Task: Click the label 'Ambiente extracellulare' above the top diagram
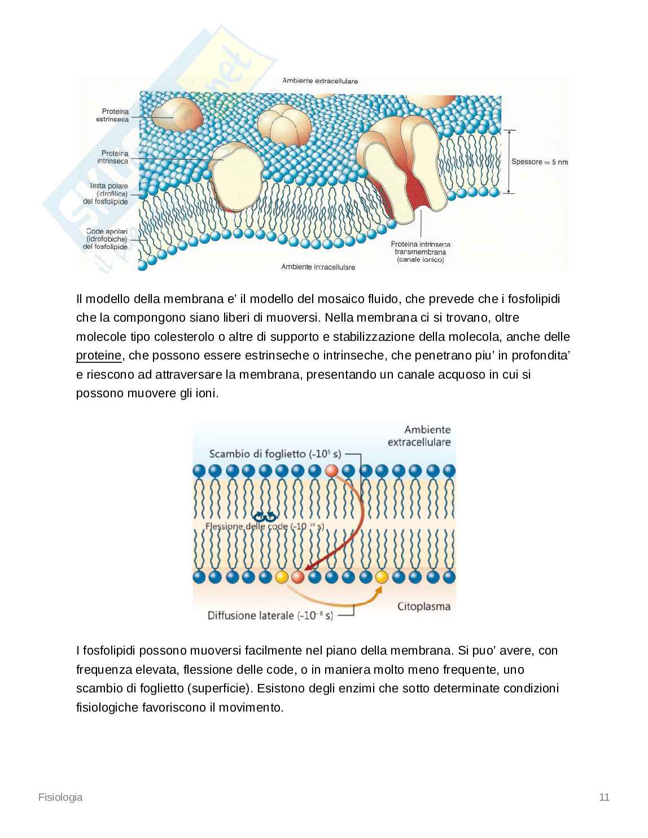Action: (319, 81)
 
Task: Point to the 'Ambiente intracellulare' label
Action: (318, 267)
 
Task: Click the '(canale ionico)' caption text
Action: (421, 260)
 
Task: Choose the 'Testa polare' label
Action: (108, 186)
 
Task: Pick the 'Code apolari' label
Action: (107, 231)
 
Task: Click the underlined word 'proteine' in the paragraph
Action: (99, 356)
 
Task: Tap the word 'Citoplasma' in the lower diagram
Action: (424, 607)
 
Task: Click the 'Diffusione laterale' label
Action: (251, 616)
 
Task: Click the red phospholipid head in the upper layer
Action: (331, 471)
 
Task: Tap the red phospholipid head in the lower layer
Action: (297, 577)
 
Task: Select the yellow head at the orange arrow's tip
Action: (382, 577)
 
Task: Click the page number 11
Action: (604, 797)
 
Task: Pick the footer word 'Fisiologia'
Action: (60, 797)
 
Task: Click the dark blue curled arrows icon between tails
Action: (264, 516)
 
